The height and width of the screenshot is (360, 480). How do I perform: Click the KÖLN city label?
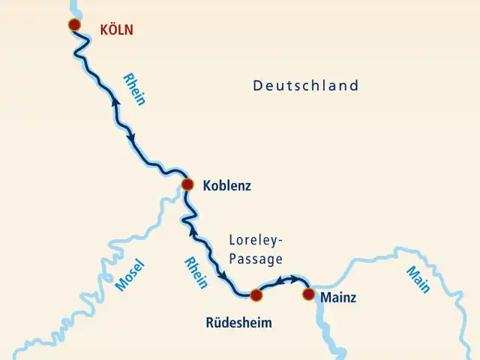pos(115,31)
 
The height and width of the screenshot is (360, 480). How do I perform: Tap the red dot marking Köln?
pos(74,25)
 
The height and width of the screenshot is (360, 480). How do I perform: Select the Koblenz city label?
pos(226,185)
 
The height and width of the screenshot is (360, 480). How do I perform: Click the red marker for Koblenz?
pos(188,184)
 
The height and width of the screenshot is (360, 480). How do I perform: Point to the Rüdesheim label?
pos(238,324)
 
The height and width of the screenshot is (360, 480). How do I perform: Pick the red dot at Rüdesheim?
pos(256,295)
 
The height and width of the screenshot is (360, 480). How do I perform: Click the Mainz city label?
pos(338,298)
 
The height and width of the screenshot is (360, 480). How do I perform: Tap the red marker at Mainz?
pos(307,294)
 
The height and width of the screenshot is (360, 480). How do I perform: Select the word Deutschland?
pos(305,86)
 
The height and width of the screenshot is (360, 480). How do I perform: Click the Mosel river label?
pos(130,275)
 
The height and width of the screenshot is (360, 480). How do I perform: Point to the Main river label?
pos(417,280)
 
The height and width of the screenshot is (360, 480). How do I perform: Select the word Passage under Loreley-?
pos(256,259)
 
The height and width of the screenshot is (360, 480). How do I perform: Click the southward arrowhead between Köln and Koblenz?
pos(132,138)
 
